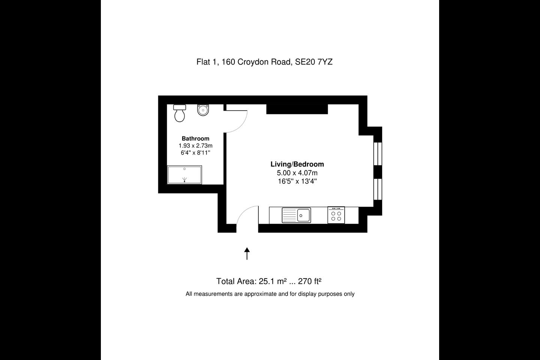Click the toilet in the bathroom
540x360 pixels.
click(180, 113)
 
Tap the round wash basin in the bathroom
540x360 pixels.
click(203, 110)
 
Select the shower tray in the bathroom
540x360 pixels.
click(184, 175)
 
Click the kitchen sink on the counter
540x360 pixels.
click(296, 215)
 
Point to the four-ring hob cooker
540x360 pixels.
click(336, 215)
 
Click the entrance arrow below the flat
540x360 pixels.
click(247, 253)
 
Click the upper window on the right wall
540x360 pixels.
click(378, 154)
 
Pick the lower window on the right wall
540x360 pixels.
click(378, 189)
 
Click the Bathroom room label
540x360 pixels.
click(195, 138)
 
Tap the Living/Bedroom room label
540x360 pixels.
click(297, 164)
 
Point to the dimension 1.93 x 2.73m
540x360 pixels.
click(195, 145)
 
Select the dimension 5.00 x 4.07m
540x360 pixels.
click(297, 173)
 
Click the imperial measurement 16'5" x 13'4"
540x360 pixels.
click(297, 181)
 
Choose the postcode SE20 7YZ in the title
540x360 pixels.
click(314, 62)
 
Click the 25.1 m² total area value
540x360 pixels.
click(273, 281)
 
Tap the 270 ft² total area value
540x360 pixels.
click(310, 281)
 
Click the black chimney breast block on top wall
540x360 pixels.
click(297, 109)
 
